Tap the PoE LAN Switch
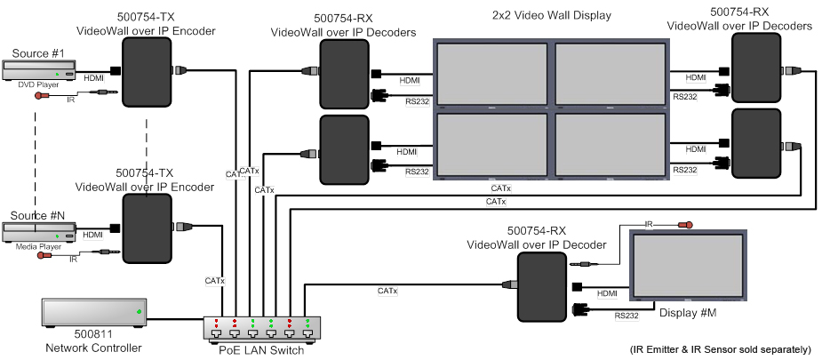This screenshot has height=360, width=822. (x=261, y=330)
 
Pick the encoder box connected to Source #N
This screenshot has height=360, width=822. (x=147, y=229)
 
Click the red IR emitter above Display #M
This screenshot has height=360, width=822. (x=684, y=225)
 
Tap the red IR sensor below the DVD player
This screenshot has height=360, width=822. (x=40, y=97)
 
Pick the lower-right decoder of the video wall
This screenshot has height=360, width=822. (x=754, y=143)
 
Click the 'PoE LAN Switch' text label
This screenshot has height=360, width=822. (x=261, y=349)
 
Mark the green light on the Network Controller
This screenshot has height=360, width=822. (x=138, y=313)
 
